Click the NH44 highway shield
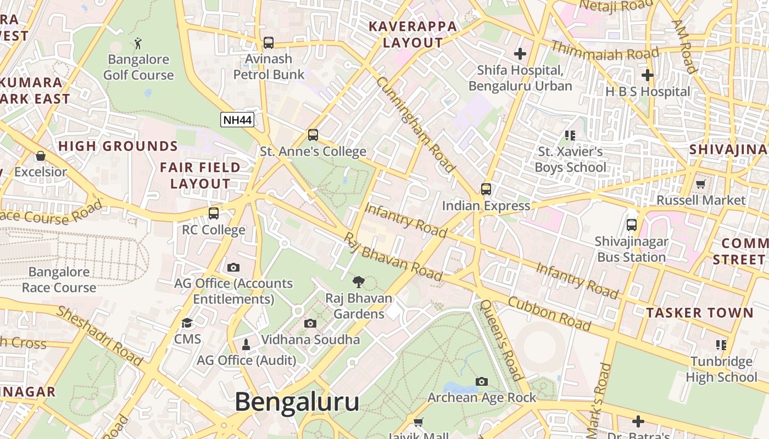click(237, 120)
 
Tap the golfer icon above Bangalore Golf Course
click(138, 43)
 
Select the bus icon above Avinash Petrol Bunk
click(269, 42)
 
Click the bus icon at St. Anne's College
click(313, 134)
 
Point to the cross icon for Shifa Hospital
click(520, 54)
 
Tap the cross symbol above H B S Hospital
click(648, 75)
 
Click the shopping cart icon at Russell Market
click(700, 184)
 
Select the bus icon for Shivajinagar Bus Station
click(632, 224)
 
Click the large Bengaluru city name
click(297, 402)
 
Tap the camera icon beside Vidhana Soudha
click(310, 323)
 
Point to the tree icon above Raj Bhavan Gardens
click(359, 282)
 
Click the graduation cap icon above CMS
click(187, 323)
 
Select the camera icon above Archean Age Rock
click(482, 381)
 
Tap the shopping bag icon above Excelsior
click(41, 156)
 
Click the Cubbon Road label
click(549, 313)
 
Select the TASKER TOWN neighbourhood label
click(699, 313)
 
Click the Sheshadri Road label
click(99, 335)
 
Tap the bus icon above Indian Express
click(486, 189)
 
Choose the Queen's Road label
click(500, 340)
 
